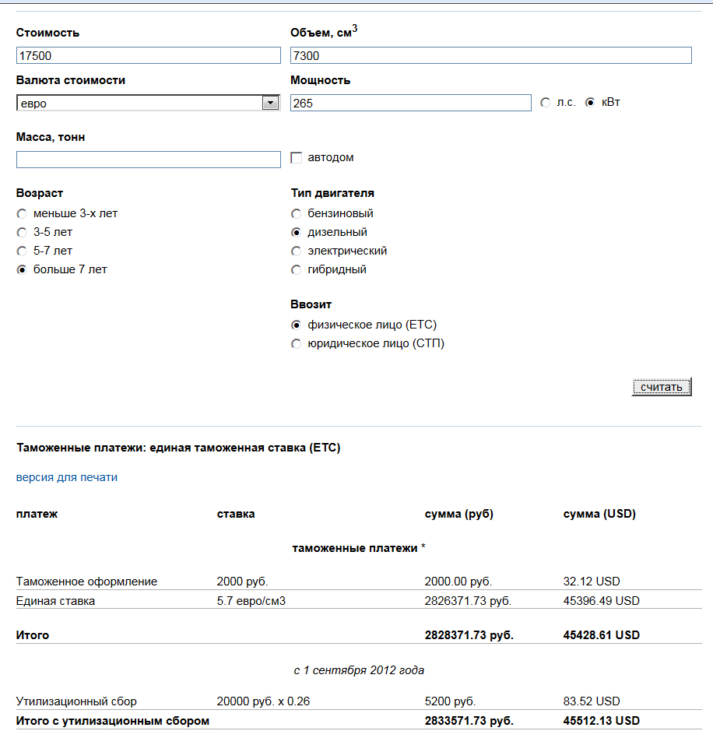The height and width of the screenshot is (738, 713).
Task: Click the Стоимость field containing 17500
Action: click(148, 56)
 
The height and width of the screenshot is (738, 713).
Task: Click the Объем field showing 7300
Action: click(490, 56)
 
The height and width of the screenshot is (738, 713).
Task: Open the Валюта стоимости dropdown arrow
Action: click(270, 103)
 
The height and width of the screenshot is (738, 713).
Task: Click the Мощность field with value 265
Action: click(410, 103)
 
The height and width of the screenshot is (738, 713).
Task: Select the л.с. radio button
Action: click(545, 103)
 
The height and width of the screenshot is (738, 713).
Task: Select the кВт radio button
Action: click(590, 103)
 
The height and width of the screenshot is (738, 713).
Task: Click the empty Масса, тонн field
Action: click(148, 160)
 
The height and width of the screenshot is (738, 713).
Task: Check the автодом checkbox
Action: click(296, 158)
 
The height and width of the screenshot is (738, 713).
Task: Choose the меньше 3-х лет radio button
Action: click(22, 214)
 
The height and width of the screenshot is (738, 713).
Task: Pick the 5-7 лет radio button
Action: click(22, 251)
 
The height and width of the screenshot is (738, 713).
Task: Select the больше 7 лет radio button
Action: click(22, 270)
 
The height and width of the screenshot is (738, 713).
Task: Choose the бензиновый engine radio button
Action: click(296, 214)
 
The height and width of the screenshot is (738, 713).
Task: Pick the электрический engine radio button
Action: click(296, 251)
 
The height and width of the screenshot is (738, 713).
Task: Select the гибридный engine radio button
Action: click(296, 270)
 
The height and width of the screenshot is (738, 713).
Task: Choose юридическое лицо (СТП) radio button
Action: click(296, 344)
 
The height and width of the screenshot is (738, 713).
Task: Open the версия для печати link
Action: click(67, 477)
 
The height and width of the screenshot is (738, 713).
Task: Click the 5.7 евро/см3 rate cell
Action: click(251, 601)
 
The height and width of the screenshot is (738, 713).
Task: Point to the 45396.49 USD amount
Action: click(601, 601)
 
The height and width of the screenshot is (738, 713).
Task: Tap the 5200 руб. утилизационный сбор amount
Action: click(450, 701)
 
